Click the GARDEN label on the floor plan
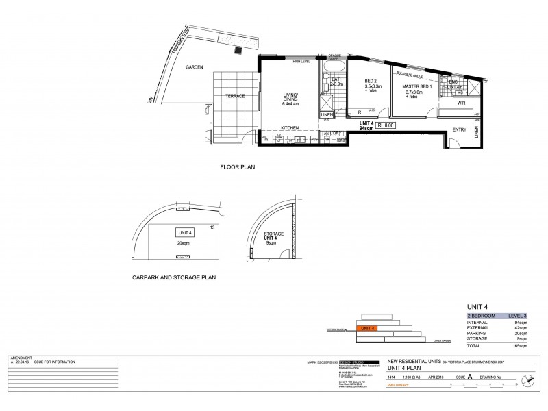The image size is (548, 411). tap(195, 67)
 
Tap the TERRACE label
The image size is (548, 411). tap(235, 96)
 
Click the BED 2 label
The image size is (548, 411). tap(373, 81)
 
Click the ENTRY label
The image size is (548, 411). tap(460, 129)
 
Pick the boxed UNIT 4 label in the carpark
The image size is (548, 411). tap(184, 232)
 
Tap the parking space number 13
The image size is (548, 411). tap(213, 227)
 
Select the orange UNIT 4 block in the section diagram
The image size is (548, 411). tap(369, 328)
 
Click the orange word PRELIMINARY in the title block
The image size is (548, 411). tap(399, 385)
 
